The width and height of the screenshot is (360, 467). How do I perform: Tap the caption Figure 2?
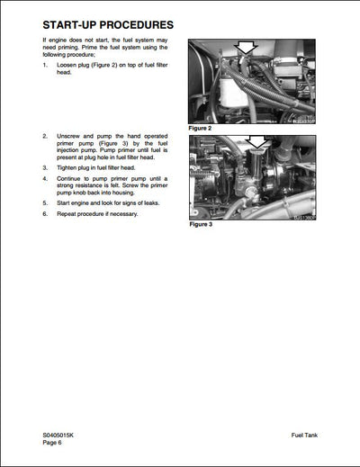(x=201, y=129)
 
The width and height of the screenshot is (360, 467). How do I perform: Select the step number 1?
(x=45, y=67)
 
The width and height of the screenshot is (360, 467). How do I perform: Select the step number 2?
(x=45, y=136)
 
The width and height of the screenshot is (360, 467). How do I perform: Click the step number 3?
(x=45, y=167)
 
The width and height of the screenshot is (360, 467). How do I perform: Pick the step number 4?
(x=45, y=178)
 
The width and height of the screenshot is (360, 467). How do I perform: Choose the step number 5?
(x=45, y=203)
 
